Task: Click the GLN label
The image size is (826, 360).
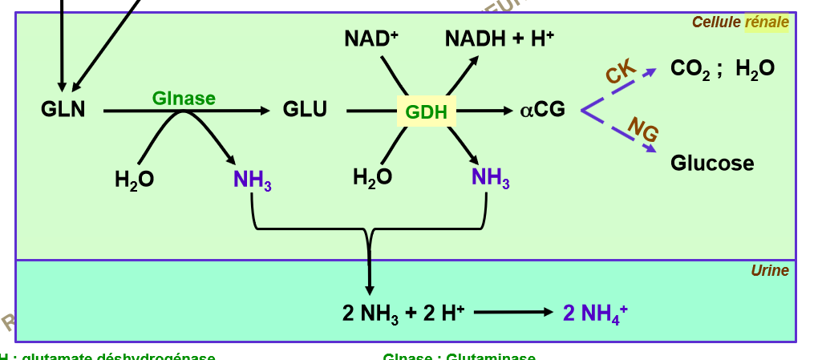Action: click(63, 110)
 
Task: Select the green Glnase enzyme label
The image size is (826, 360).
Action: click(184, 98)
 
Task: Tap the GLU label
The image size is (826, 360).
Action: click(305, 110)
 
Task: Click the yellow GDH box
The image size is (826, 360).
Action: click(426, 111)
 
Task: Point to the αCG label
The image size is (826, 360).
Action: click(542, 110)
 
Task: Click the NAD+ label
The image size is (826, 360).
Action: click(371, 38)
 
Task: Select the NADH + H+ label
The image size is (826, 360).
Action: click(500, 38)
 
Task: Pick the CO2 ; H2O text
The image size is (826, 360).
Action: click(722, 69)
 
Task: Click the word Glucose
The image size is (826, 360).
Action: click(712, 164)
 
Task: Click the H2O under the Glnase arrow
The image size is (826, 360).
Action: click(134, 180)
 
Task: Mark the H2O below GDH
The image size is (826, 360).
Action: click(372, 177)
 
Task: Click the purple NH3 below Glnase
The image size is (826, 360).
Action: click(253, 180)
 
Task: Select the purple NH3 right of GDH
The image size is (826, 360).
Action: click(490, 177)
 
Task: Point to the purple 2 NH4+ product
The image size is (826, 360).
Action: click(594, 313)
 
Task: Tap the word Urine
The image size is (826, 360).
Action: click(769, 271)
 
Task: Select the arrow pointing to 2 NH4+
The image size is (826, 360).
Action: click(513, 313)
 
